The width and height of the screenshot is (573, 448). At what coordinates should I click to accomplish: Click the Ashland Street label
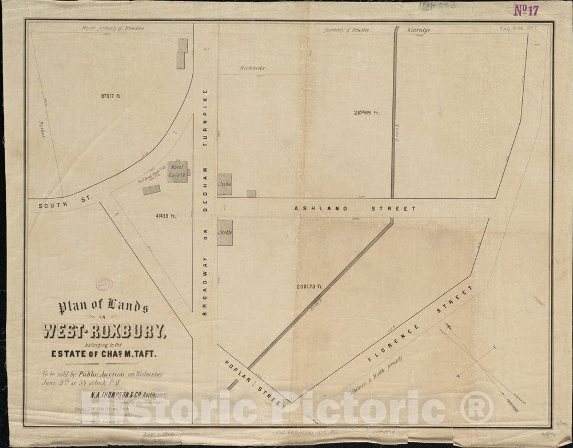pyautogui.click(x=355, y=209)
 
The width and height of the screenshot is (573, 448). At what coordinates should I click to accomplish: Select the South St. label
pyautogui.click(x=57, y=204)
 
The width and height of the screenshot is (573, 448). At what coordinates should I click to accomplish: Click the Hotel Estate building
pyautogui.click(x=177, y=171)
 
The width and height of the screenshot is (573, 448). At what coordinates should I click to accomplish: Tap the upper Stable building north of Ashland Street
pyautogui.click(x=224, y=185)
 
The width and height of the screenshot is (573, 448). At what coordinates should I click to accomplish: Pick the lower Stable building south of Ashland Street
pyautogui.click(x=225, y=233)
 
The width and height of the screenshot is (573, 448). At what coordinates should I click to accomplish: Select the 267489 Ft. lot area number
pyautogui.click(x=367, y=113)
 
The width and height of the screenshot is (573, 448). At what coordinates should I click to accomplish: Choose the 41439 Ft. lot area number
pyautogui.click(x=165, y=215)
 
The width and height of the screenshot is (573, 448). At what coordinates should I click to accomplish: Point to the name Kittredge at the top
pyautogui.click(x=419, y=30)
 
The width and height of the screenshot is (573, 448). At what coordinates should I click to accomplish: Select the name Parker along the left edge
pyautogui.click(x=42, y=131)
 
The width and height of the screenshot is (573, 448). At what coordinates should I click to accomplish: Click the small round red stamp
pyautogui.click(x=104, y=284)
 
